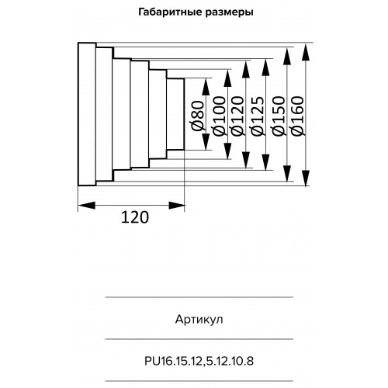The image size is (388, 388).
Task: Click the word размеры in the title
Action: coord(230,13)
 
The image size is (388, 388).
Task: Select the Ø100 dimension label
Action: coord(220,116)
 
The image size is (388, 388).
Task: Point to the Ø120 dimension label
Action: coord(237,116)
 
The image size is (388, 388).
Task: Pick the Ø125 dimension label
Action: coord(258,116)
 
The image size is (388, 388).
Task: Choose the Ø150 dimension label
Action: coord(279,116)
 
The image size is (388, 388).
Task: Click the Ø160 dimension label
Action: coord(297,116)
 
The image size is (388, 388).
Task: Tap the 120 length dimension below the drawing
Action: coord(135,217)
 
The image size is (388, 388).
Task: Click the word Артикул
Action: coord(199,320)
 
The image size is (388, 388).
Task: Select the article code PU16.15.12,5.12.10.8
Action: coord(199,361)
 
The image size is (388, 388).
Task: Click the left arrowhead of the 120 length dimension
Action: coord(86,206)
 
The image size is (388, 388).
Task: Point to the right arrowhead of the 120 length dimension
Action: coord(177,206)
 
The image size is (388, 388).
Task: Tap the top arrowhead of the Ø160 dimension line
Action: coord(306,53)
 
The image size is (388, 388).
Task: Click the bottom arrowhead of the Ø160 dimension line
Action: coord(306,178)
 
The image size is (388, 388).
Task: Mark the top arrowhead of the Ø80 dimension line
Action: coord(206,88)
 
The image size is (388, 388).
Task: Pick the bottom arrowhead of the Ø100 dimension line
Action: coord(227,151)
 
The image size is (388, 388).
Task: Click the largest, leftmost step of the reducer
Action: coord(87,114)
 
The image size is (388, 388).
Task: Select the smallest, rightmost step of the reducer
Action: coord(175,114)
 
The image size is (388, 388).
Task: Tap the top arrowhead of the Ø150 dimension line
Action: coord(286,57)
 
